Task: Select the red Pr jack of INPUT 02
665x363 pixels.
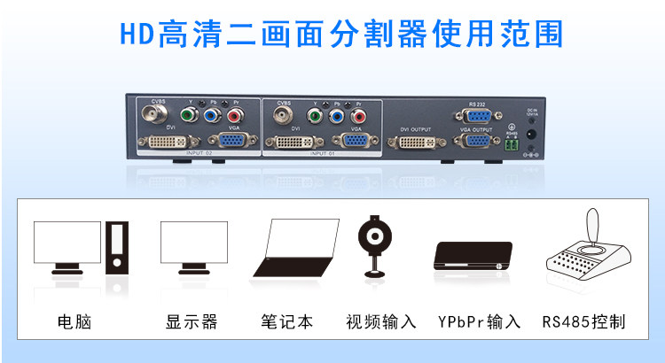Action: [234, 115]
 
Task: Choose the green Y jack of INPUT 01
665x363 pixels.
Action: [314, 115]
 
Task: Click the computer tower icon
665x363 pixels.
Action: [117, 247]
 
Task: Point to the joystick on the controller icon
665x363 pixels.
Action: [591, 226]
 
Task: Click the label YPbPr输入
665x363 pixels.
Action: [479, 321]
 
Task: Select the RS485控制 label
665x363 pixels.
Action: [584, 321]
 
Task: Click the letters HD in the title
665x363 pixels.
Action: [136, 33]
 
